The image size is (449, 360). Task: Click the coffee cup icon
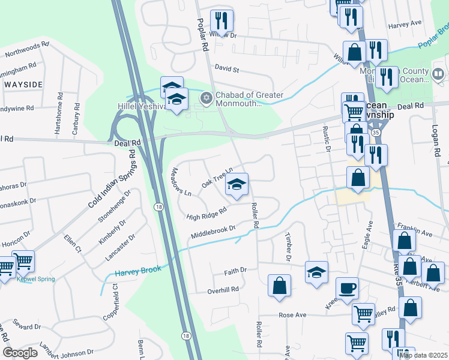click(347, 288)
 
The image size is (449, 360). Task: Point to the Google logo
click(20, 353)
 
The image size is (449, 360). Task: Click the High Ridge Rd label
click(206, 212)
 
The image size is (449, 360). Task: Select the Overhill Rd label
click(223, 289)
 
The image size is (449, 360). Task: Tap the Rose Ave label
click(292, 315)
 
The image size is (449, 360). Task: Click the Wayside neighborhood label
click(23, 85)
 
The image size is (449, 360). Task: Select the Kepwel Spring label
click(37, 279)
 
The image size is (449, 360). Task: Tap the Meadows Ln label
click(181, 182)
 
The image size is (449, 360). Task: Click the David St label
click(227, 70)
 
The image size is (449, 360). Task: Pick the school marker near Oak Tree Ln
click(237, 184)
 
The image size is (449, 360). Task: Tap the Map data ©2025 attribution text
click(424, 355)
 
